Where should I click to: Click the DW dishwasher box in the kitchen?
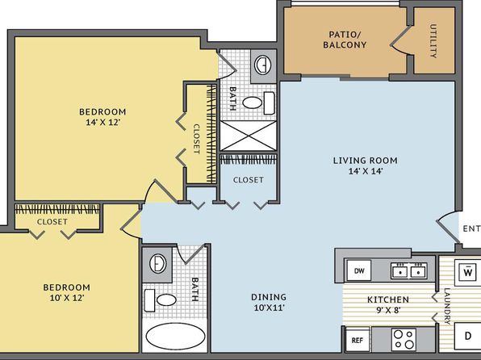click(x=359, y=270)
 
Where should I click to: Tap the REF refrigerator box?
click(x=358, y=340)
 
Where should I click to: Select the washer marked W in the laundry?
click(x=467, y=270)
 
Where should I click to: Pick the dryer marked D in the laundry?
click(x=467, y=336)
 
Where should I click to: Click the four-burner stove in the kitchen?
click(x=404, y=339)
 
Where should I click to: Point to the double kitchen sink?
click(x=408, y=270)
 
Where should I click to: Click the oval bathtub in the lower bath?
click(x=175, y=337)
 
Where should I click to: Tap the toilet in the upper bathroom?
click(x=258, y=103)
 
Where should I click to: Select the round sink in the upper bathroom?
click(x=263, y=65)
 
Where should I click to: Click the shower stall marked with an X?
click(x=249, y=136)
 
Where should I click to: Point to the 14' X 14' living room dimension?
click(x=366, y=171)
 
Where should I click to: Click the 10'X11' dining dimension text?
click(x=269, y=308)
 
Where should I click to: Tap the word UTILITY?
click(x=433, y=41)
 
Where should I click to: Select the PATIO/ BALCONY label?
click(x=345, y=40)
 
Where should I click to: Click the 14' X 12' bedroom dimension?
click(x=102, y=122)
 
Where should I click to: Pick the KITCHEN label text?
click(x=388, y=299)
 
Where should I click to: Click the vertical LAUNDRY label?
click(x=447, y=306)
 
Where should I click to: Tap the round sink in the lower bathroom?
click(x=158, y=263)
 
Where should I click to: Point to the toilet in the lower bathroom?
click(x=160, y=299)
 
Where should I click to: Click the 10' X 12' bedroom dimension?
click(x=67, y=298)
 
